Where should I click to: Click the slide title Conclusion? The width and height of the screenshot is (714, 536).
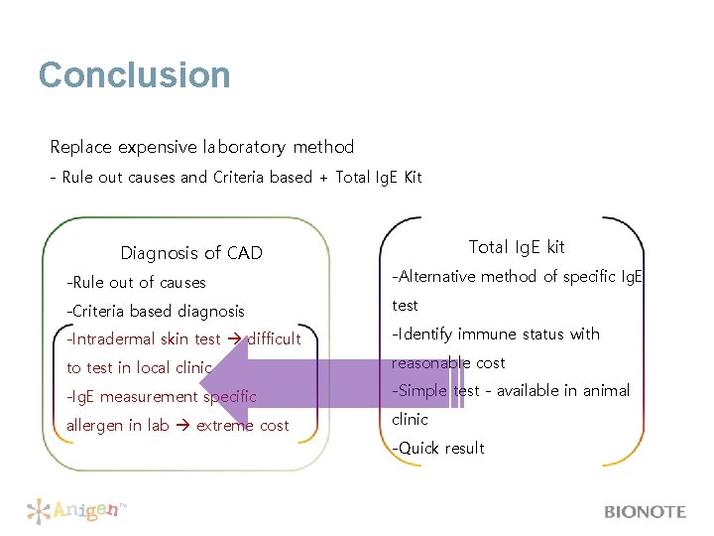click(134, 75)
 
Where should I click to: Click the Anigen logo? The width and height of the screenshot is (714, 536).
click(77, 511)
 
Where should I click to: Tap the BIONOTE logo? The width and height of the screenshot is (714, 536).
click(645, 512)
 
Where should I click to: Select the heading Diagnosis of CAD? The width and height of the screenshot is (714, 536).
click(191, 253)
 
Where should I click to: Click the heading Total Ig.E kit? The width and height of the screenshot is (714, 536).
click(516, 247)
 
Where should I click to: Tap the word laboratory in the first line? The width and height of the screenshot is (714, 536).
click(243, 147)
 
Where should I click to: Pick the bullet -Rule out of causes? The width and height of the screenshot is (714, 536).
click(136, 283)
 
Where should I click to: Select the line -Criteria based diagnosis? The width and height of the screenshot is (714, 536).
click(155, 312)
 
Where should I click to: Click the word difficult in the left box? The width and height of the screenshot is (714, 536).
click(275, 339)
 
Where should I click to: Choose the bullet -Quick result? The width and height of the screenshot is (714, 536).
click(438, 449)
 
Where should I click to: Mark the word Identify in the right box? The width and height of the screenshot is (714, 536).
click(427, 335)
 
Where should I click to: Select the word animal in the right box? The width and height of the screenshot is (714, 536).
click(605, 391)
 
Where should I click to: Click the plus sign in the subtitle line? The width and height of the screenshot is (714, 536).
click(322, 178)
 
